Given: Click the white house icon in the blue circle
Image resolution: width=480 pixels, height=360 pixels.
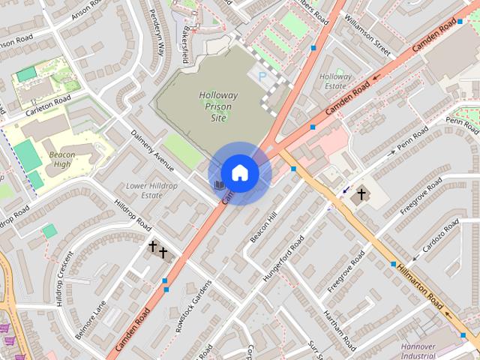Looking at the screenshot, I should click(239, 173).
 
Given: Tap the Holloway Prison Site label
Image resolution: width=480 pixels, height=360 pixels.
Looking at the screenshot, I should click(218, 106).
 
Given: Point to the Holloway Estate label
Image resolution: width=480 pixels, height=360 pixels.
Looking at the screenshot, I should click(335, 81).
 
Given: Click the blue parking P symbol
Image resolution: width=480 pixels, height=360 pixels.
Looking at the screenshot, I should click(262, 76).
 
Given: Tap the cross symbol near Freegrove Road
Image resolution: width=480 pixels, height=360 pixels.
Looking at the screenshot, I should click(361, 195).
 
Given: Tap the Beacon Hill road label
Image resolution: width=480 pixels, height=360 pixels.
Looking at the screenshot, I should click(264, 226).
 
